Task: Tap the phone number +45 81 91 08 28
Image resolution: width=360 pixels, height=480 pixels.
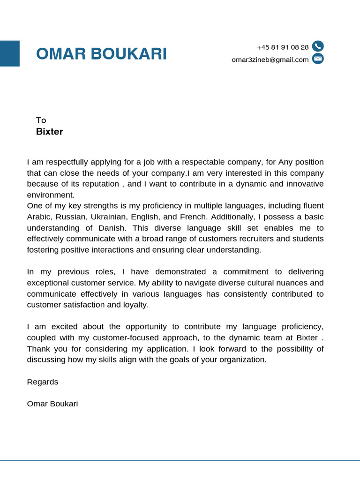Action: pos(283,47)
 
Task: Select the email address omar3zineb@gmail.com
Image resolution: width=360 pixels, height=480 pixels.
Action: pos(270,60)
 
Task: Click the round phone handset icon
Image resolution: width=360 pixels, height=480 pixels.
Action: pos(318,46)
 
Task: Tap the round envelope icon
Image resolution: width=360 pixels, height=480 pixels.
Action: pos(318,59)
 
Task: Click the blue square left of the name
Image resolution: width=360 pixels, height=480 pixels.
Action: pos(9,53)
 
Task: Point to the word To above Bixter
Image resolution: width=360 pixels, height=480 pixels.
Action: pos(41,120)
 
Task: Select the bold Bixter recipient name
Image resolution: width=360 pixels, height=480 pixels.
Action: pos(49,132)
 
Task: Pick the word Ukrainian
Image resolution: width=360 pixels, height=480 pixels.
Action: pos(109,217)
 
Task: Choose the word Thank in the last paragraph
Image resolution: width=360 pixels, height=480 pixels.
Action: pos(38,349)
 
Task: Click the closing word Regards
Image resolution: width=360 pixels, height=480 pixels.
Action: pos(43,382)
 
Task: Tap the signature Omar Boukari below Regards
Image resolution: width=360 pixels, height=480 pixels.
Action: pos(52,404)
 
